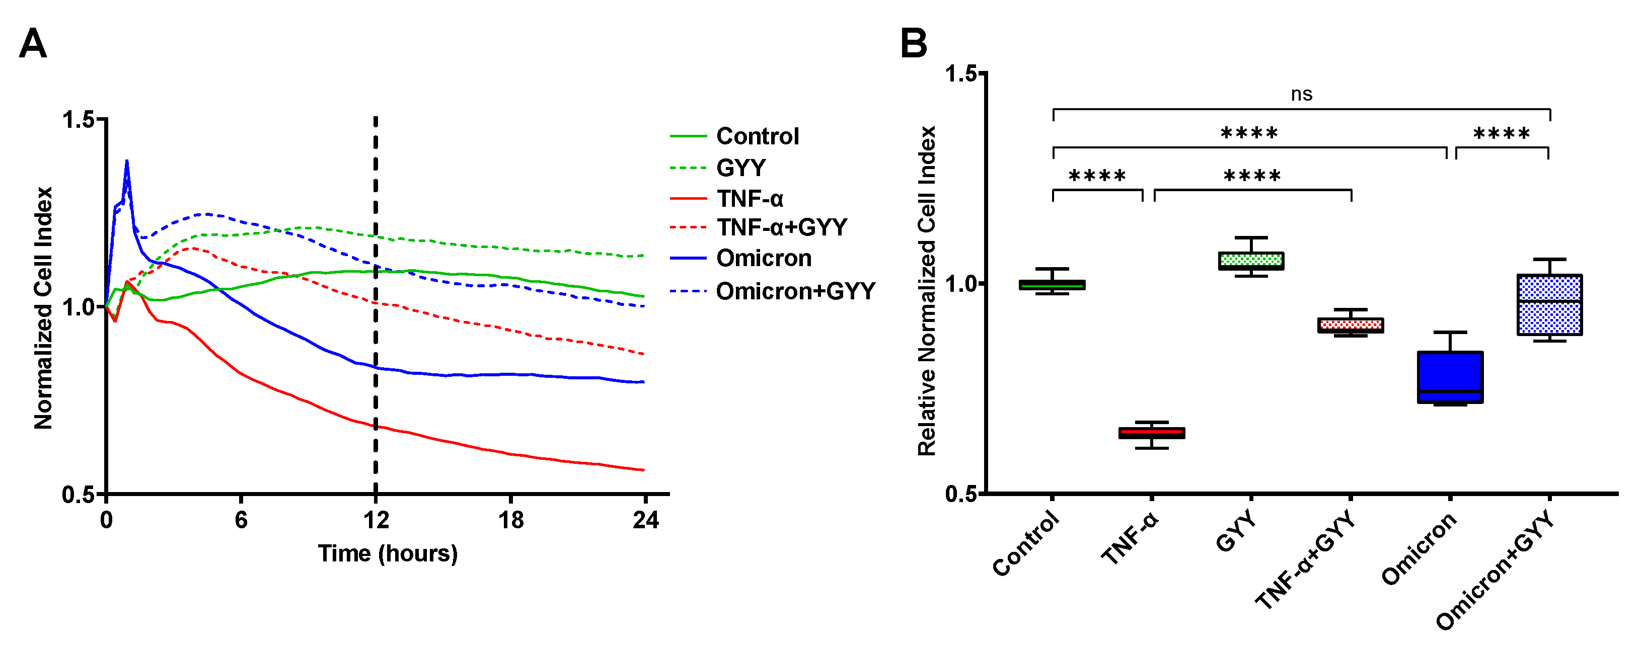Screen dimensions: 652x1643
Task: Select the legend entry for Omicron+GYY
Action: (x=795, y=291)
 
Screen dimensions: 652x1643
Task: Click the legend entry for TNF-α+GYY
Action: (x=781, y=227)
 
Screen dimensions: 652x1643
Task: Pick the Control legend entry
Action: (x=757, y=136)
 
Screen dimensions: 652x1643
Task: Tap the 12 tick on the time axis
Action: (x=376, y=521)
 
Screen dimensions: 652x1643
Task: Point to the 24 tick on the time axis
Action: (x=645, y=521)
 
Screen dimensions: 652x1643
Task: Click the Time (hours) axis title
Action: (x=388, y=553)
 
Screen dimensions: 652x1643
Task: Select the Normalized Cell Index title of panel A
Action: (x=43, y=308)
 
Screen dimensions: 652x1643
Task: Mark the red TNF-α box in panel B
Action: (x=1152, y=433)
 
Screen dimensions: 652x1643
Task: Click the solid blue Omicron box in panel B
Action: (x=1450, y=377)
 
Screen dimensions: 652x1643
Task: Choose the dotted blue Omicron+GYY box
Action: (x=1549, y=305)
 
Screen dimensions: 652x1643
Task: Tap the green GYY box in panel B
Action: (x=1251, y=261)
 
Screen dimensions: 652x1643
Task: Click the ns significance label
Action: (x=1301, y=94)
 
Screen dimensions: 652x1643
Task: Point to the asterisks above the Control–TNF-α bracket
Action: (x=1097, y=177)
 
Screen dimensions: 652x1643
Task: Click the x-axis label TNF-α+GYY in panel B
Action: (x=1305, y=561)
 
